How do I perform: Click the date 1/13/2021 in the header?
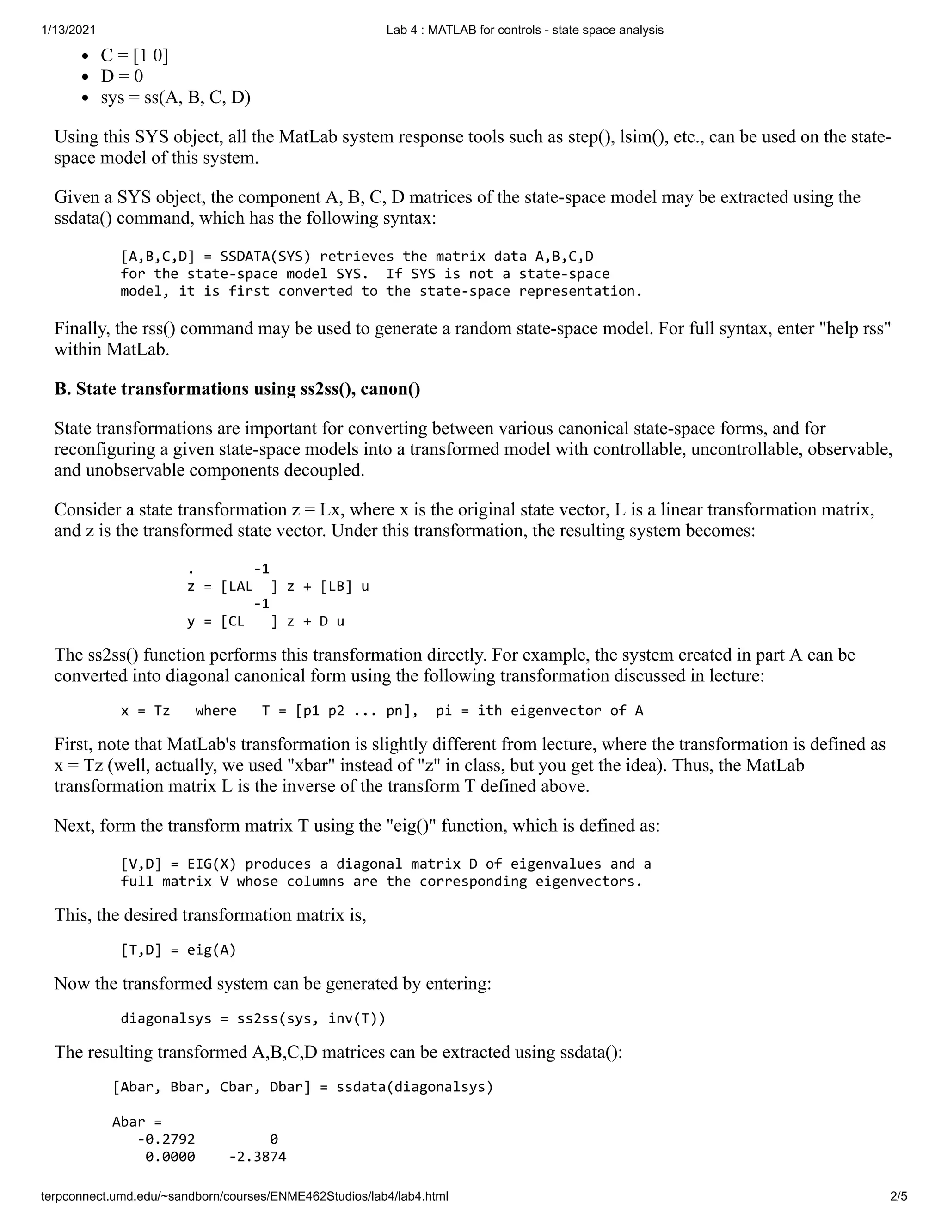click(x=68, y=31)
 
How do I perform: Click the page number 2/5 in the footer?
click(x=898, y=1196)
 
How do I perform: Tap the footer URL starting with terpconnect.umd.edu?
click(x=245, y=1196)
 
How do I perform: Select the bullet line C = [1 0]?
click(x=134, y=55)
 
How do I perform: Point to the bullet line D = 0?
click(x=122, y=76)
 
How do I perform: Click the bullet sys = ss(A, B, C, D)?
click(x=175, y=98)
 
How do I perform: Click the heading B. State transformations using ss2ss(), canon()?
click(x=237, y=389)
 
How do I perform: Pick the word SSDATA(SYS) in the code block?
click(x=265, y=257)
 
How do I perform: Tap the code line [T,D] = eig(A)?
click(x=178, y=949)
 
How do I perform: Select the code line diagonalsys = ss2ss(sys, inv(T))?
click(x=253, y=1018)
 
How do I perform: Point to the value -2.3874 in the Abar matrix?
click(x=258, y=1157)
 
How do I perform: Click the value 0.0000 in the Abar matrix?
click(x=170, y=1157)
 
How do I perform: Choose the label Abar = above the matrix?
click(x=137, y=1122)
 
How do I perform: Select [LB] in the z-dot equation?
click(x=336, y=587)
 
